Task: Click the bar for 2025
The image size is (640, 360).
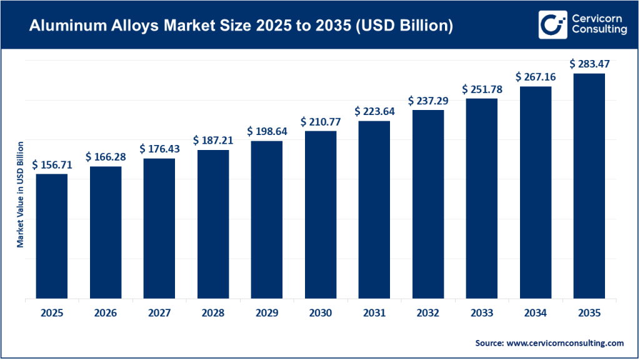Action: point(52,236)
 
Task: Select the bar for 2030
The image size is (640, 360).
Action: point(321,215)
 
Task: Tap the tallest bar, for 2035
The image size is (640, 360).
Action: point(589,186)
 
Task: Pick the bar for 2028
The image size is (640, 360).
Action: point(213,224)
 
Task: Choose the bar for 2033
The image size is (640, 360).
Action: point(482,199)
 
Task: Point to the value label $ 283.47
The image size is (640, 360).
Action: point(589,64)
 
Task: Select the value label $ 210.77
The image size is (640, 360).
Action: point(321,121)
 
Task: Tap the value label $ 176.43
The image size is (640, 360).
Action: point(159,149)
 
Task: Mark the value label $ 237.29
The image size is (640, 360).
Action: point(428,100)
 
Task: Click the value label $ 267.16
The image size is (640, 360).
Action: point(536,76)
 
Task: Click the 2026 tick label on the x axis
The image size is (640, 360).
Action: point(106,312)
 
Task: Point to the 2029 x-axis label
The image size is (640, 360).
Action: point(267,312)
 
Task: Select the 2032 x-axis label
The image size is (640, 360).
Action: point(428,312)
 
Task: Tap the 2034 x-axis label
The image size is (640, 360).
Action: point(536,312)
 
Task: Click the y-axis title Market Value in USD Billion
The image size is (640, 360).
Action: point(20,194)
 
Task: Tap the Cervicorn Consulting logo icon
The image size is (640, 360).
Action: point(549,24)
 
